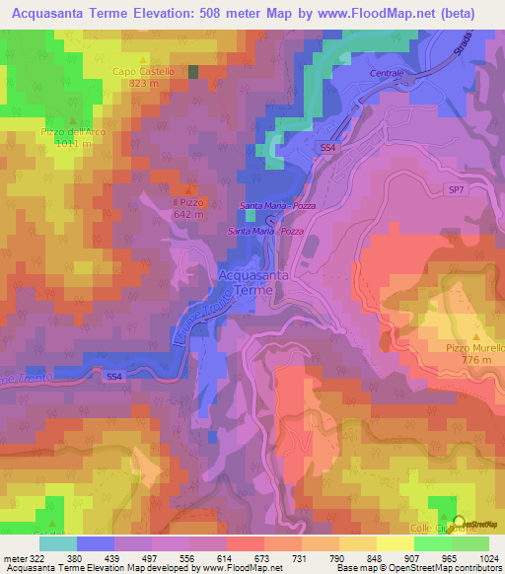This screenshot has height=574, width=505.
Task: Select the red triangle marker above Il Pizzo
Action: pyautogui.click(x=188, y=189)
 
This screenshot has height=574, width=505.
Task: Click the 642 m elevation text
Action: pyautogui.click(x=188, y=213)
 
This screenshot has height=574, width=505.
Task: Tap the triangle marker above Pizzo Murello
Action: pyautogui.click(x=475, y=336)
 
